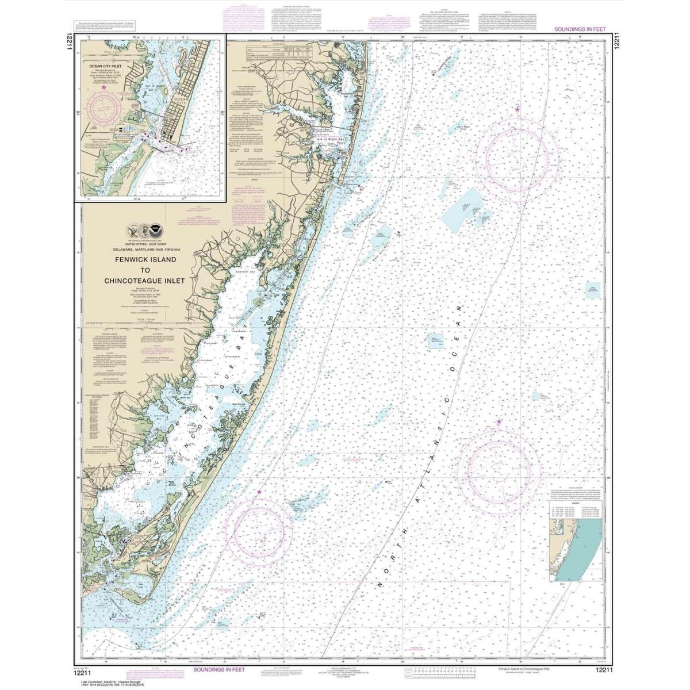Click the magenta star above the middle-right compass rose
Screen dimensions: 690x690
(499, 423)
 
